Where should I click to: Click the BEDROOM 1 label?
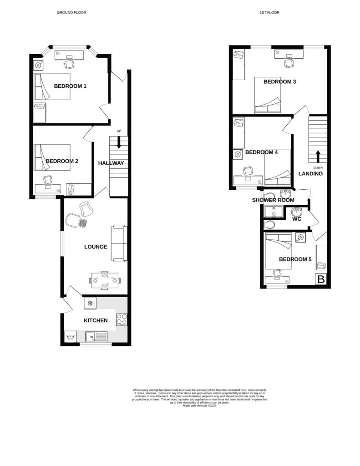click(70, 86)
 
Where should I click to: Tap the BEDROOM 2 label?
click(62, 161)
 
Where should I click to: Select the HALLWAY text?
click(111, 163)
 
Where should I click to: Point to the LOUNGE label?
click(96, 247)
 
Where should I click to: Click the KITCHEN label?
click(96, 320)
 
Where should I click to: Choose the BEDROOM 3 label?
click(280, 82)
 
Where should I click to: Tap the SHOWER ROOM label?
click(273, 200)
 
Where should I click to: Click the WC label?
click(297, 219)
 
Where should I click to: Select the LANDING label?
click(310, 174)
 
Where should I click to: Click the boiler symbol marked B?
click(321, 279)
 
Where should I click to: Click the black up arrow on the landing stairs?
click(318, 156)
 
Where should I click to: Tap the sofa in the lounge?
click(119, 243)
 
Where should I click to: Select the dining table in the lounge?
click(105, 280)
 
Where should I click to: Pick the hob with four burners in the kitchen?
click(122, 320)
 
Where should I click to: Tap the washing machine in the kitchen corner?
click(70, 337)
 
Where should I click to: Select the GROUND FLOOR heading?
click(71, 13)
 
